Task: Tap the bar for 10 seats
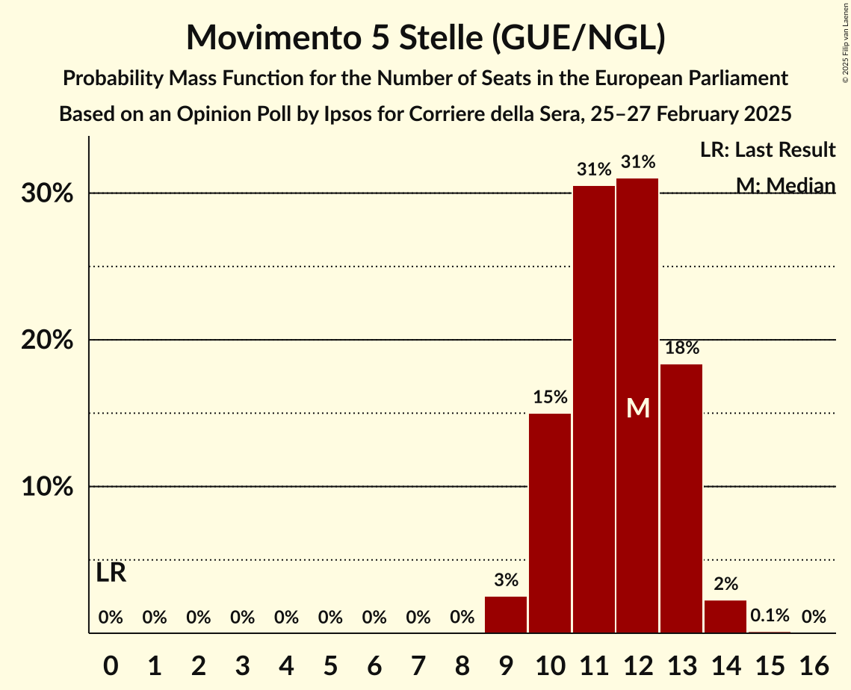(550, 523)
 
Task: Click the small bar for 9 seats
(506, 615)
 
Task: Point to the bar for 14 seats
(725, 617)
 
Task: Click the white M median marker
(638, 408)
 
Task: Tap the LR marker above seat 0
(111, 574)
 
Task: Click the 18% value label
(681, 347)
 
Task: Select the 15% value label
(550, 397)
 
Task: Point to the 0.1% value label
(770, 615)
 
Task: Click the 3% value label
(506, 579)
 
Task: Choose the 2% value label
(725, 583)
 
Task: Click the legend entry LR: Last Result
(767, 150)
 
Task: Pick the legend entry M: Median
(785, 184)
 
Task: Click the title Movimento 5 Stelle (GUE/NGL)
(425, 37)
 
